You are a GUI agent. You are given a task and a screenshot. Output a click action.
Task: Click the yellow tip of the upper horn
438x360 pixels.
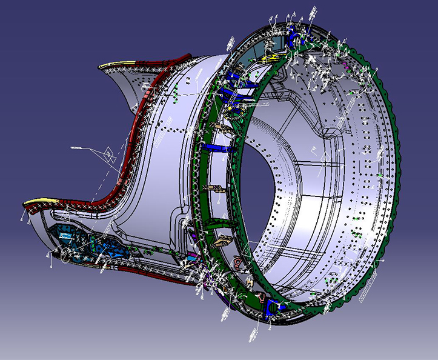(112, 64)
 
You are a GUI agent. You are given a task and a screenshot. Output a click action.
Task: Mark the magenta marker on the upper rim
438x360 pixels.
(345, 62)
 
